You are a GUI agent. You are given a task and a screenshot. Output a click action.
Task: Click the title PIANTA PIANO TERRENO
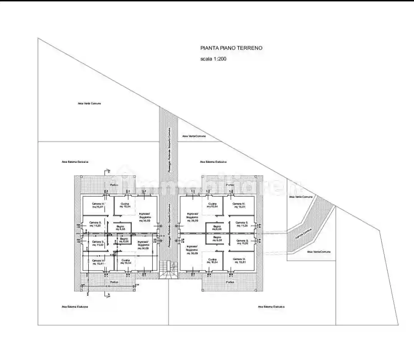(x=231, y=48)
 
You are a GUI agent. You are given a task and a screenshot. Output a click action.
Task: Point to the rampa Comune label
(x=304, y=232)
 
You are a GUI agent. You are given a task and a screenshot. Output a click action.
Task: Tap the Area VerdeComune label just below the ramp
(x=319, y=252)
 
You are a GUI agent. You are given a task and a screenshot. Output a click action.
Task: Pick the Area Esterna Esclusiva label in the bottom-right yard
(x=271, y=307)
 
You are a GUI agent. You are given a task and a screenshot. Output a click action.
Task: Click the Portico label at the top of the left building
(x=114, y=185)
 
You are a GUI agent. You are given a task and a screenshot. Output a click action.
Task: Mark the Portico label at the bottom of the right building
(x=230, y=282)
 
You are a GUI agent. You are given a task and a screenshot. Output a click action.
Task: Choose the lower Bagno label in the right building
(x=217, y=239)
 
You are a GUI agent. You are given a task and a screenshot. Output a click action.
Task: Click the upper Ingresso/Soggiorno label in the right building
(x=192, y=217)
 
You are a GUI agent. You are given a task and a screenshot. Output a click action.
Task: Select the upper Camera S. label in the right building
(x=242, y=224)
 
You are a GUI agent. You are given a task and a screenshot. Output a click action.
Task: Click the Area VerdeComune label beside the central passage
(x=194, y=136)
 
